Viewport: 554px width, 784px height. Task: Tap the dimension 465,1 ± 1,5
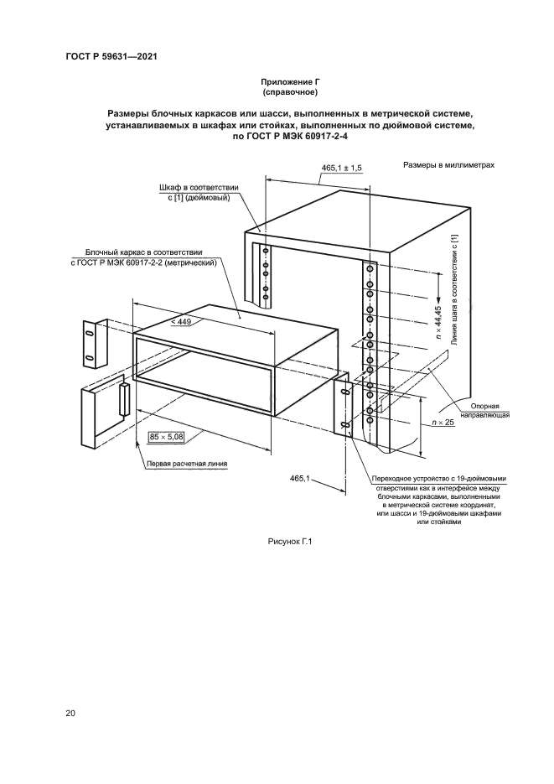point(341,169)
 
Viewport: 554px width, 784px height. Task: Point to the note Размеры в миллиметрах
point(449,165)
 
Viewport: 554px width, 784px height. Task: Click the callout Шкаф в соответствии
point(200,187)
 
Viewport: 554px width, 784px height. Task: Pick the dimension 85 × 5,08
point(166,437)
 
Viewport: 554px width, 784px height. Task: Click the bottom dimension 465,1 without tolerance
point(300,478)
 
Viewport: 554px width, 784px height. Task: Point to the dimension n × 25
point(442,423)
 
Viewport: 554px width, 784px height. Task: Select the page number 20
point(70,714)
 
